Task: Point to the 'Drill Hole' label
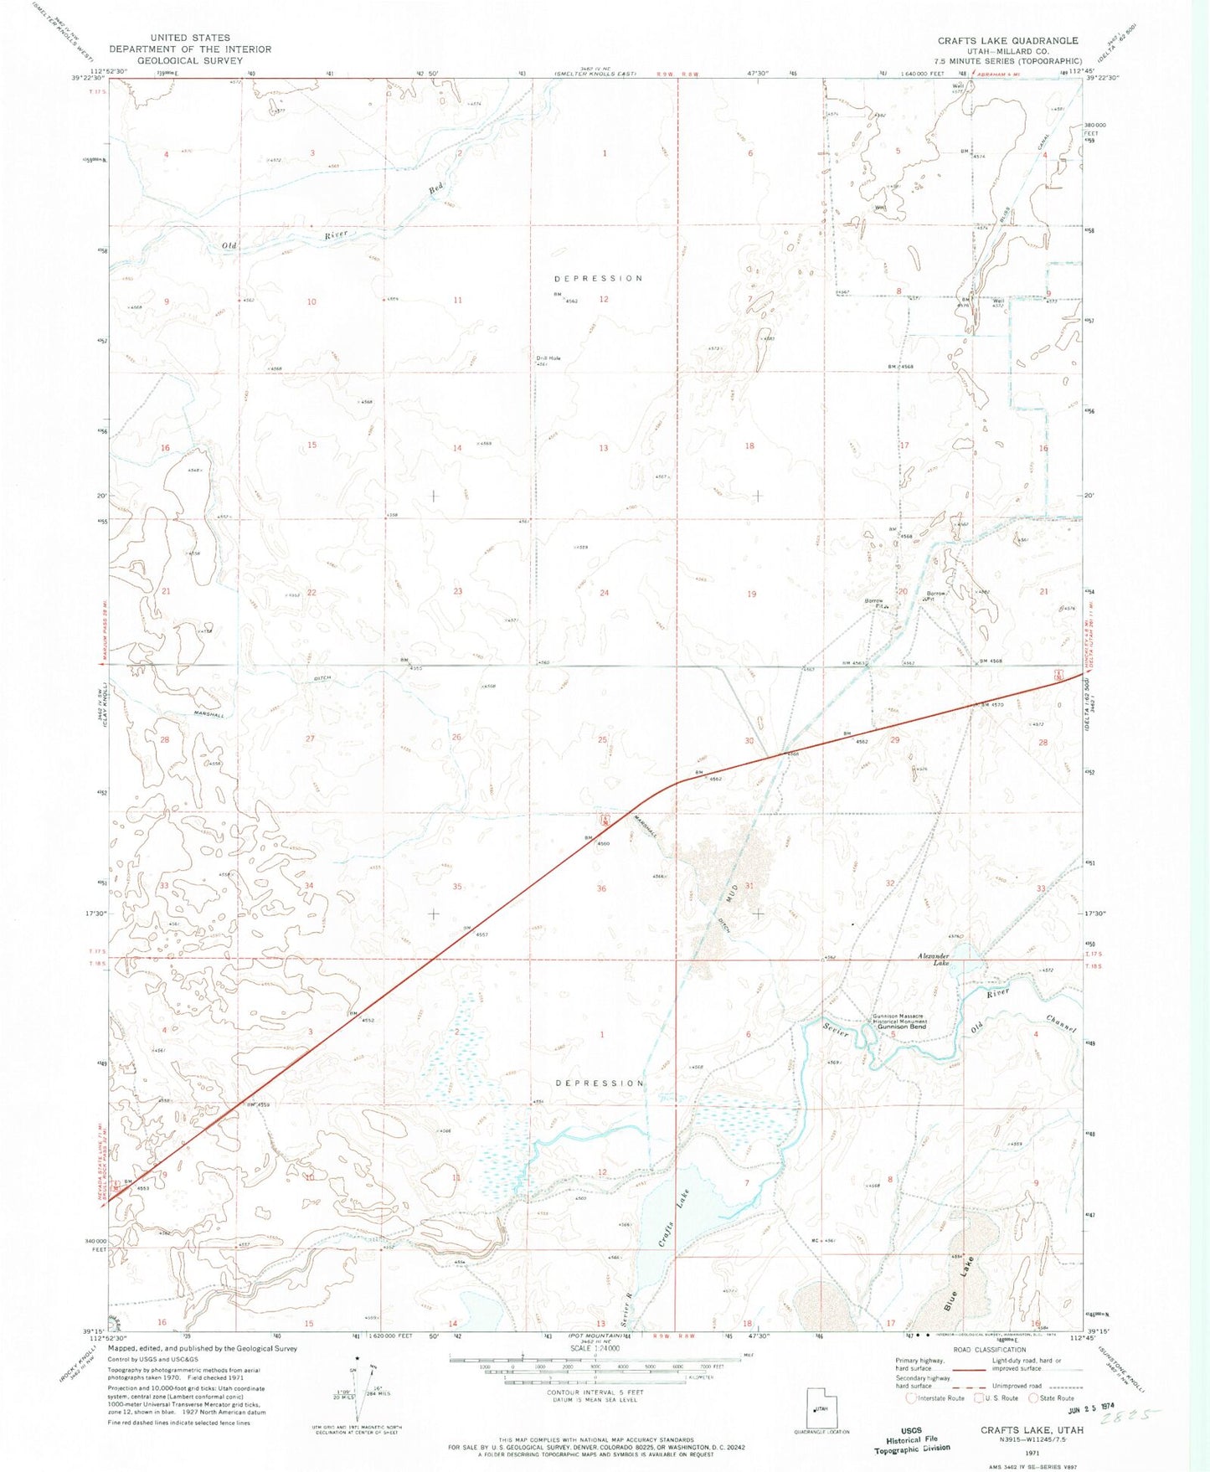tap(548, 358)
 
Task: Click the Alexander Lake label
tap(933, 960)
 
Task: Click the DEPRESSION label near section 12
tap(599, 278)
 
